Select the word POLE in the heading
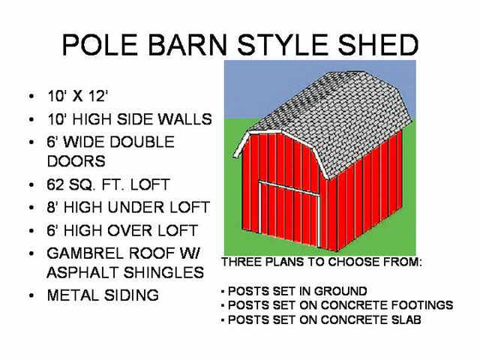[100, 45]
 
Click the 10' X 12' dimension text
[78, 96]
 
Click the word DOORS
[76, 161]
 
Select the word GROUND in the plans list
[340, 291]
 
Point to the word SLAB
[406, 319]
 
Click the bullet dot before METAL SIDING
[31, 295]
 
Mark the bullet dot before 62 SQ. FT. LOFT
[31, 185]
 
